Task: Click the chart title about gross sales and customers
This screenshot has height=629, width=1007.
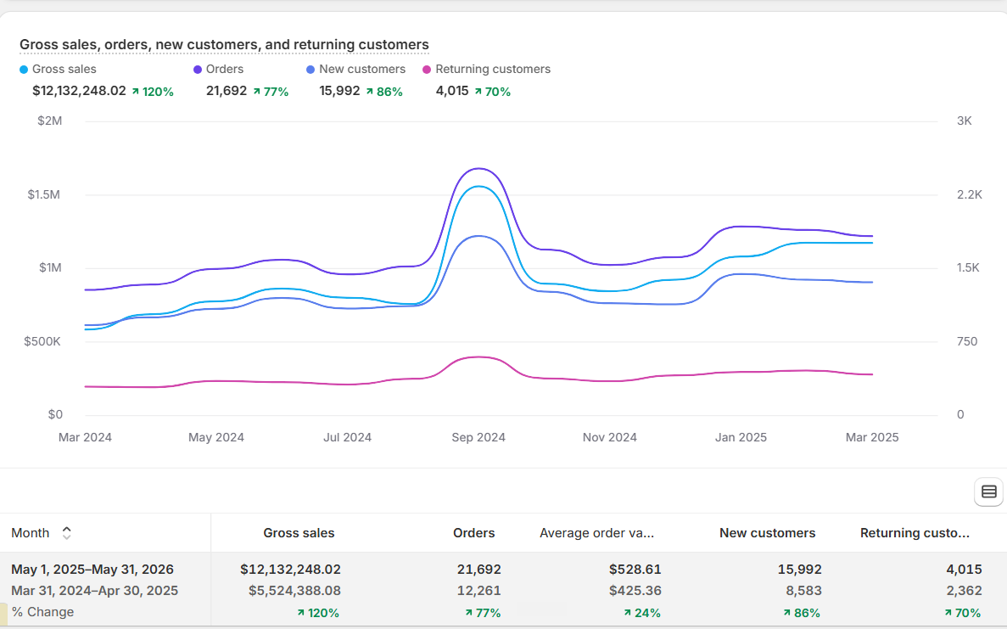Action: pos(224,44)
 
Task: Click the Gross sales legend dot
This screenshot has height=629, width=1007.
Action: pos(24,70)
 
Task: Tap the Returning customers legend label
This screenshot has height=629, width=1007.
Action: pos(493,69)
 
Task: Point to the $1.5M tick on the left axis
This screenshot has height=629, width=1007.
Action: pos(43,194)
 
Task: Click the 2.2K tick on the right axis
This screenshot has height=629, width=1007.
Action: pos(969,194)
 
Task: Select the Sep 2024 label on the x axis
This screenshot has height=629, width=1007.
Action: pos(478,437)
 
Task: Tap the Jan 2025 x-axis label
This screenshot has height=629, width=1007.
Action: pos(741,437)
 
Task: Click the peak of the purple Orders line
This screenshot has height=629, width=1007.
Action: pos(478,168)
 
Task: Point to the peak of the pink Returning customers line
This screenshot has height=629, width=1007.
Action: pos(478,357)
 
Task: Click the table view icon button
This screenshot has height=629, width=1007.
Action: pos(989,491)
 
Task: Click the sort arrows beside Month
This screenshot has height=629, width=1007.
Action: pos(66,532)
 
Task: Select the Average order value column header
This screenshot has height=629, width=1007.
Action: pos(596,532)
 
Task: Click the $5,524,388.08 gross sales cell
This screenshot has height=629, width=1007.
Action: pos(294,591)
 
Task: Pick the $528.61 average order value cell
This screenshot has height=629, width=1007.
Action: pos(635,570)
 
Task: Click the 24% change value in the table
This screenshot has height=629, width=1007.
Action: pos(641,613)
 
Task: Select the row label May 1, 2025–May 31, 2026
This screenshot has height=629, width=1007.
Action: pos(92,570)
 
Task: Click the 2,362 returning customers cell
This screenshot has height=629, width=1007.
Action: pos(964,591)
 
